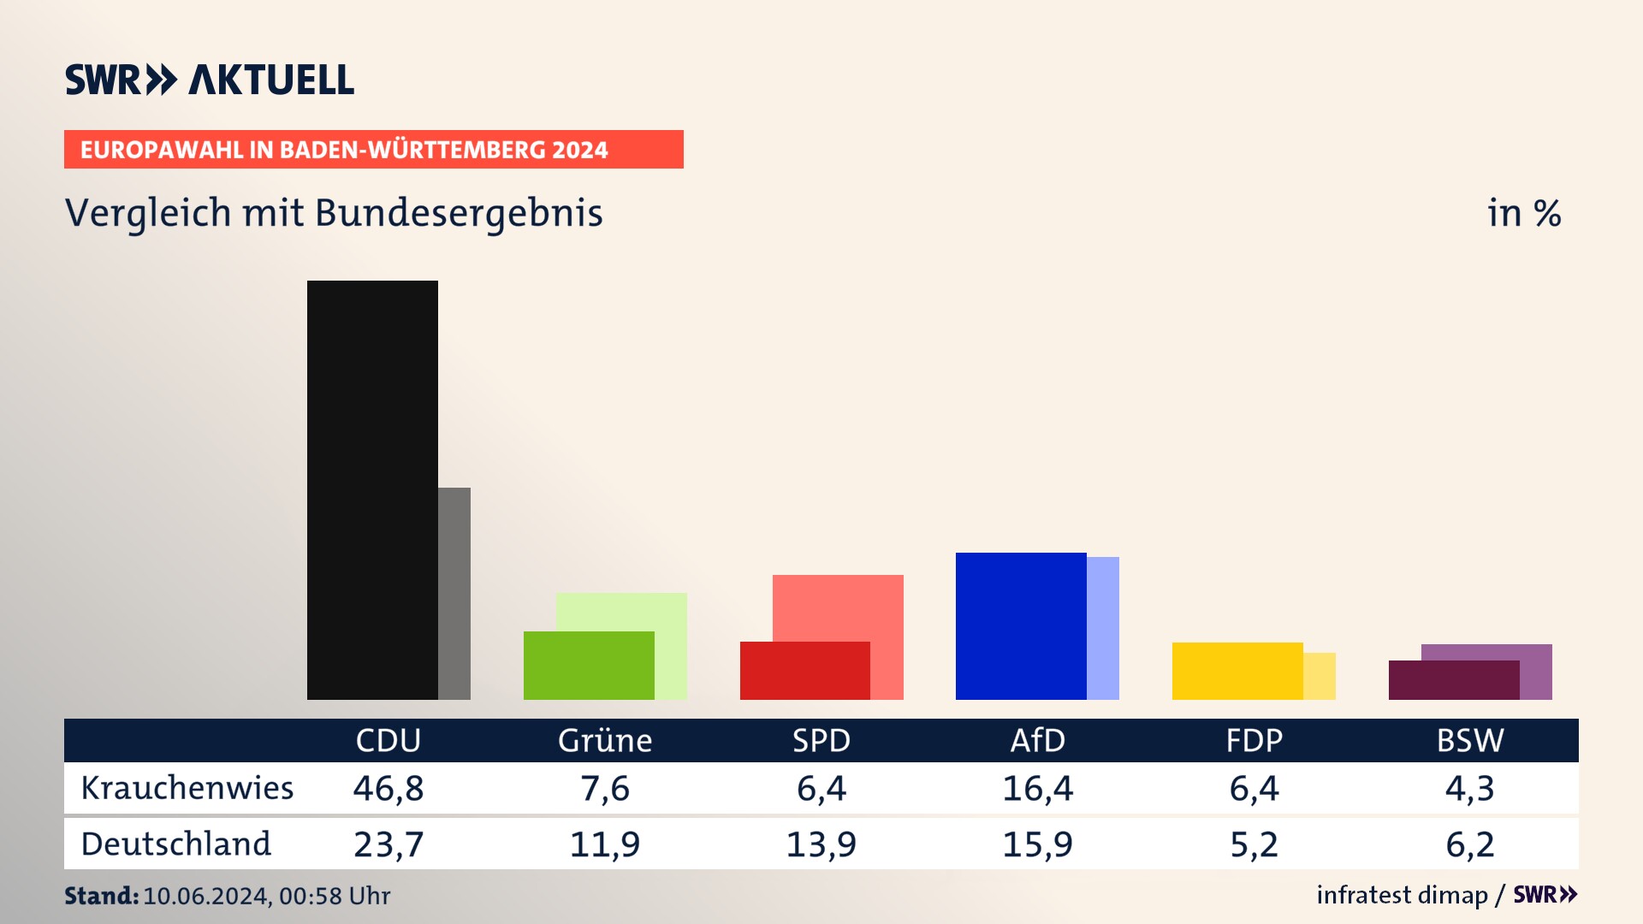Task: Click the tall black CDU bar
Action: coord(372,489)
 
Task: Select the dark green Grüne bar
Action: coord(589,666)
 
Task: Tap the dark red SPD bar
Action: coord(804,671)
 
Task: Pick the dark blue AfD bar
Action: coord(1021,626)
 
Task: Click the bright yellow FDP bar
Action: coord(1237,671)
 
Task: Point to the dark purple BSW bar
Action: coord(1454,680)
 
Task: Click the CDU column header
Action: coord(389,740)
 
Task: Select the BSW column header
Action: coord(1469,740)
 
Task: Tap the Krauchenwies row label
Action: coord(187,788)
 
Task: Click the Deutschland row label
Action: coord(175,844)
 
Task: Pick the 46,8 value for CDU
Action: coord(389,788)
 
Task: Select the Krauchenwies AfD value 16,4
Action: coord(1037,788)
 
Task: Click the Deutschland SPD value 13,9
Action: coord(821,844)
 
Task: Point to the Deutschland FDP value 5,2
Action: coord(1254,844)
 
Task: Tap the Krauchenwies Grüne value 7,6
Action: coord(605,788)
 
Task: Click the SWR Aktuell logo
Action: coord(210,80)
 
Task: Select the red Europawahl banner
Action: coord(373,150)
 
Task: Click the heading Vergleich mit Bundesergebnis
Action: coord(334,213)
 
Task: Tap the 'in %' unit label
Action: coord(1524,213)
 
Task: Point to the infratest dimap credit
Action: coord(1402,895)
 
